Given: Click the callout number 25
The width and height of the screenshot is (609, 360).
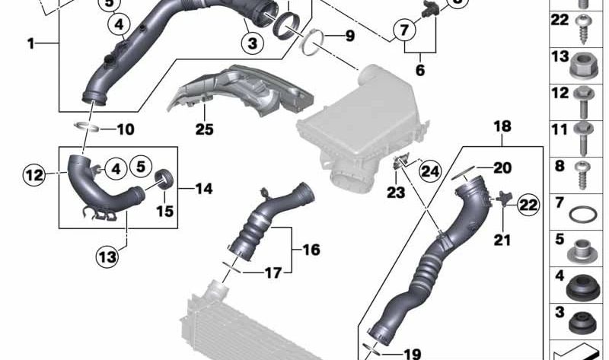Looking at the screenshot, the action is point(204,129).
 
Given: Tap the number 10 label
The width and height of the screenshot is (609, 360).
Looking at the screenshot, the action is point(126,129).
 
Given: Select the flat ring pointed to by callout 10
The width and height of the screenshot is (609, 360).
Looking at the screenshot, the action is point(86,126).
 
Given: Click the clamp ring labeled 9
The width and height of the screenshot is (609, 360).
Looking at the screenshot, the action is point(313,43).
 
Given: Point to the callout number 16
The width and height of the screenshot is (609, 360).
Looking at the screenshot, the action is point(311,250).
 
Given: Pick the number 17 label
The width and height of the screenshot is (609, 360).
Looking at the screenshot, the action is point(273,273).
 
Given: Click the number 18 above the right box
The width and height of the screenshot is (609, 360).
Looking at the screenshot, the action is point(502,126).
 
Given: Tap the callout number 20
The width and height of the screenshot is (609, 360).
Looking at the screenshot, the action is point(502,168).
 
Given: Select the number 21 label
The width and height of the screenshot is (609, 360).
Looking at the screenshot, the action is point(502,240).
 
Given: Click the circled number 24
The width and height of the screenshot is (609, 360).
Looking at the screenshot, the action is point(430,171).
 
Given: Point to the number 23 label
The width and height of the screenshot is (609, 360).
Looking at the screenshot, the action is point(396,193).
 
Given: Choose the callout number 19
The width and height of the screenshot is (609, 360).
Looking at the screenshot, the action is point(412,354).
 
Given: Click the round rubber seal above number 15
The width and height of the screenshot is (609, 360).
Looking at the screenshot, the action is point(164,179).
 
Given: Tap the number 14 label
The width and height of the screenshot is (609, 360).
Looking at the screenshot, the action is point(204,189).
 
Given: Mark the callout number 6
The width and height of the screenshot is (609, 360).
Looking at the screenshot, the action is point(420,70).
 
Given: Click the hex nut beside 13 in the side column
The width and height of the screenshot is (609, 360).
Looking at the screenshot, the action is point(582,65).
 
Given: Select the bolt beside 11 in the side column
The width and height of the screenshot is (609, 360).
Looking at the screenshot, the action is point(582,138).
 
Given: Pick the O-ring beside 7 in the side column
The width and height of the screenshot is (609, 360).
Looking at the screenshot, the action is point(582,214).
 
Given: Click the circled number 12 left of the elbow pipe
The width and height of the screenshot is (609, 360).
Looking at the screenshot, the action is point(34,175).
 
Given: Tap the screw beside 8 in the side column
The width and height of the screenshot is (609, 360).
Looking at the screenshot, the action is point(582,175).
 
